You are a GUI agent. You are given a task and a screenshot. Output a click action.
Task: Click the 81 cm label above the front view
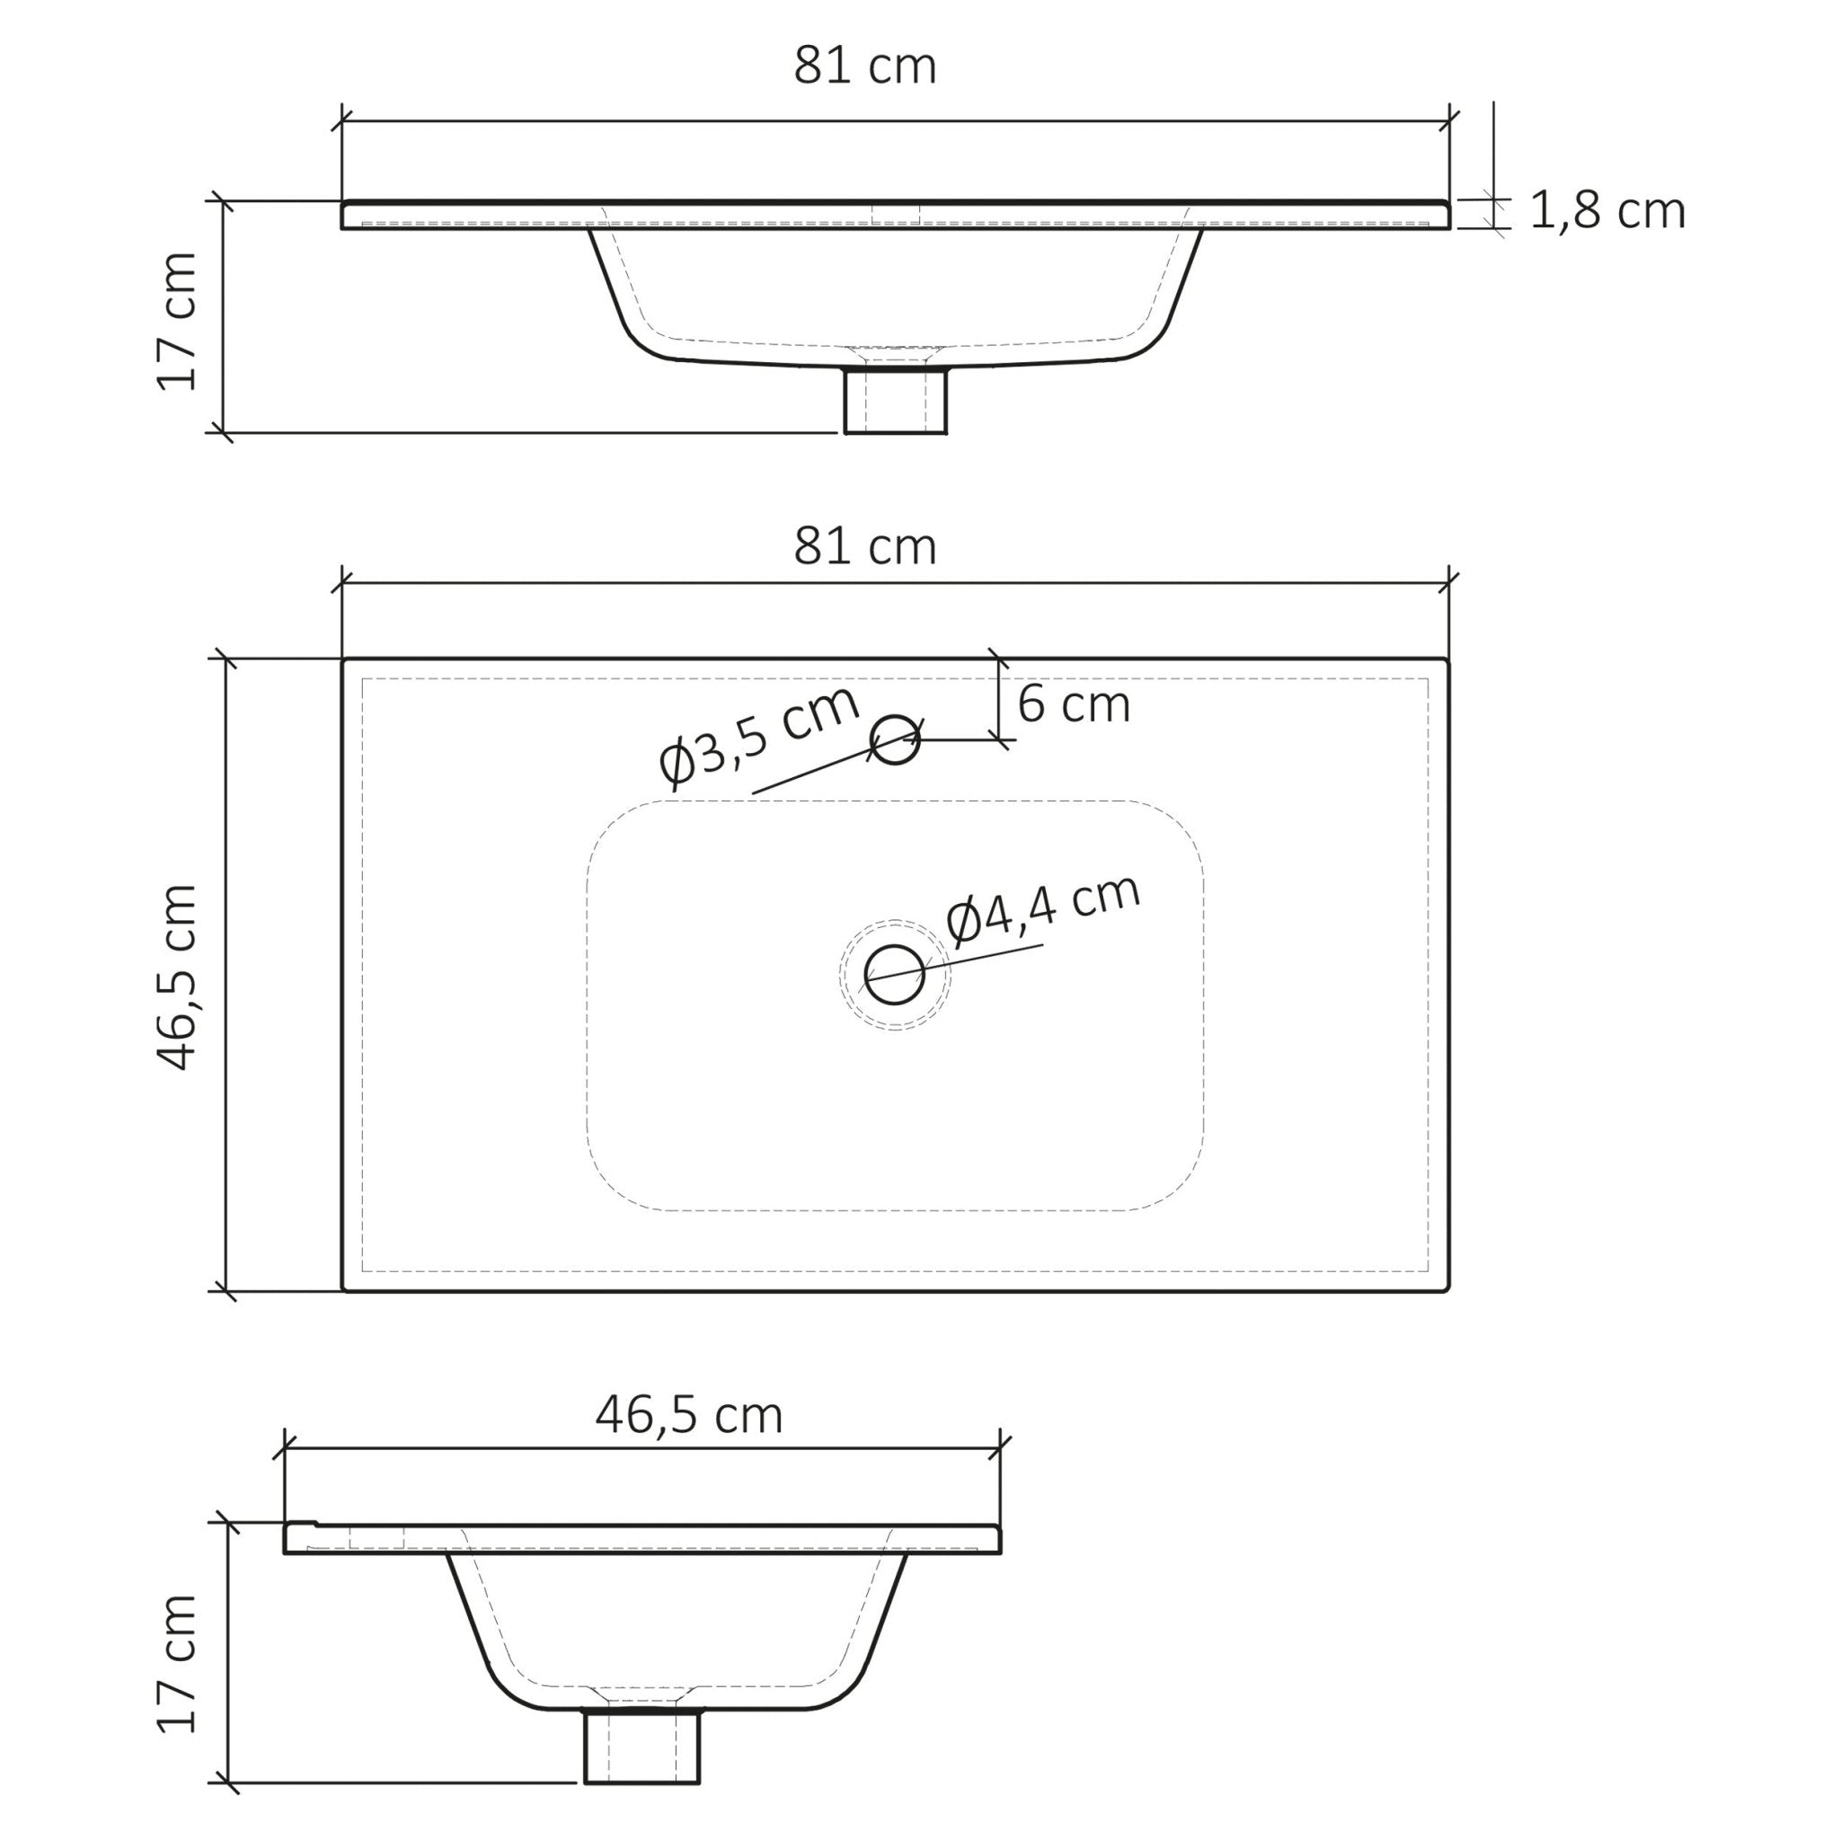click(865, 66)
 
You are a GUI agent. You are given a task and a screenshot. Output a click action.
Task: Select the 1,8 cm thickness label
click(1606, 211)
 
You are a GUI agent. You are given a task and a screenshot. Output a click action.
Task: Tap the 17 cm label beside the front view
click(178, 322)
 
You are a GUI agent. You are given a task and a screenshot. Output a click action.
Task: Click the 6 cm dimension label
click(1074, 704)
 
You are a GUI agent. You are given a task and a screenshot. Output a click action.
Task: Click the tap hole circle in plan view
click(895, 740)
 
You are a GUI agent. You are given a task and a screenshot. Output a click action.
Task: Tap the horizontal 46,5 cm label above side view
click(688, 1415)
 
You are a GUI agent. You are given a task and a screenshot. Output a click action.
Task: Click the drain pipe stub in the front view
click(896, 400)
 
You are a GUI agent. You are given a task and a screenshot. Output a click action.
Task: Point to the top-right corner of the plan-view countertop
click(1447, 659)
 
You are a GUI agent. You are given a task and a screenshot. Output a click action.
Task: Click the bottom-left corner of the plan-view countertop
click(344, 1290)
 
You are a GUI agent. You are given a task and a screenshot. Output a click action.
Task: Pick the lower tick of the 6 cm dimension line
click(998, 739)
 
